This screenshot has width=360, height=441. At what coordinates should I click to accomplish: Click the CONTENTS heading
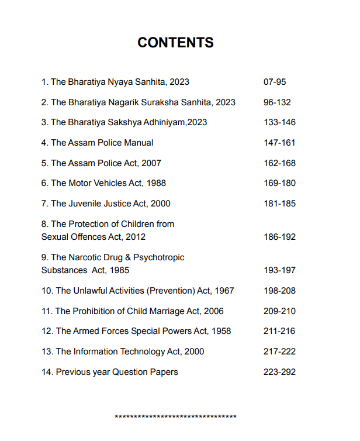pyautogui.click(x=175, y=43)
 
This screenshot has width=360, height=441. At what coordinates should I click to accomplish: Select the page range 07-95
pyautogui.click(x=275, y=82)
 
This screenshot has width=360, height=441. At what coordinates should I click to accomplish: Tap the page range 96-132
pyautogui.click(x=277, y=102)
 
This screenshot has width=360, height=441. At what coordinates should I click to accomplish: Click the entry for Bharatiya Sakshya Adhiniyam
pyautogui.click(x=124, y=122)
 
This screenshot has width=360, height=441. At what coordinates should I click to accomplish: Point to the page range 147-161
pyautogui.click(x=279, y=143)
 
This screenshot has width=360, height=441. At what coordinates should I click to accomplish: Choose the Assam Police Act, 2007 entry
pyautogui.click(x=101, y=163)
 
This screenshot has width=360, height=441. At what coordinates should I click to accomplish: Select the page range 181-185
pyautogui.click(x=279, y=204)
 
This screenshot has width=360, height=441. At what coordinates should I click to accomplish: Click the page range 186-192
pyautogui.click(x=279, y=237)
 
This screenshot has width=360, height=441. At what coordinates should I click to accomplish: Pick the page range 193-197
pyautogui.click(x=279, y=270)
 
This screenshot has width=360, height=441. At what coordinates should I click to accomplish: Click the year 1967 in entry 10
pyautogui.click(x=224, y=291)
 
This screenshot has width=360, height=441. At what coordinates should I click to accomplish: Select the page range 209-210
pyautogui.click(x=279, y=311)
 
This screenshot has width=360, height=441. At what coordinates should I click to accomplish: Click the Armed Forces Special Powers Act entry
pyautogui.click(x=136, y=331)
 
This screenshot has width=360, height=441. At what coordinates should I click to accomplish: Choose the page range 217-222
pyautogui.click(x=279, y=352)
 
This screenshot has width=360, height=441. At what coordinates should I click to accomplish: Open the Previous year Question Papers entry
pyautogui.click(x=110, y=372)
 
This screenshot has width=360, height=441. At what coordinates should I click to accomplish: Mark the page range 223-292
pyautogui.click(x=279, y=372)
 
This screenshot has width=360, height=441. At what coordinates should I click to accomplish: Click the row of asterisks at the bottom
pyautogui.click(x=175, y=417)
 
